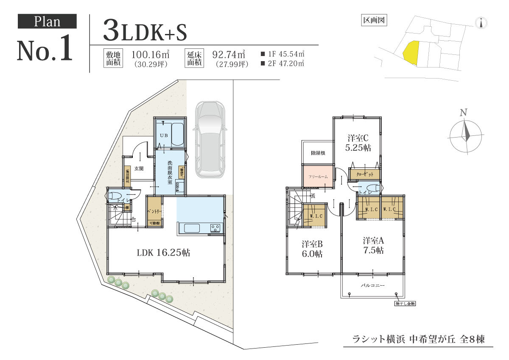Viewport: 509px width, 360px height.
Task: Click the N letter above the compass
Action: (x=464, y=113)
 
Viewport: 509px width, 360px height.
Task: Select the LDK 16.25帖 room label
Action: (x=163, y=253)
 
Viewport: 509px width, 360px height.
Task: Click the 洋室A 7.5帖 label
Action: (x=373, y=245)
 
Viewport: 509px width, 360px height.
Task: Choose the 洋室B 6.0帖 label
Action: (x=312, y=249)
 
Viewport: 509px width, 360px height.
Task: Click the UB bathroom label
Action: (x=164, y=135)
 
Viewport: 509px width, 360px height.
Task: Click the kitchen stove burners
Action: (x=215, y=228)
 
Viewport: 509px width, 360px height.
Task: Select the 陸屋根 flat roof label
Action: (x=318, y=153)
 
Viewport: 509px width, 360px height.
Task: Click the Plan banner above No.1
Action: (x=47, y=22)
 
